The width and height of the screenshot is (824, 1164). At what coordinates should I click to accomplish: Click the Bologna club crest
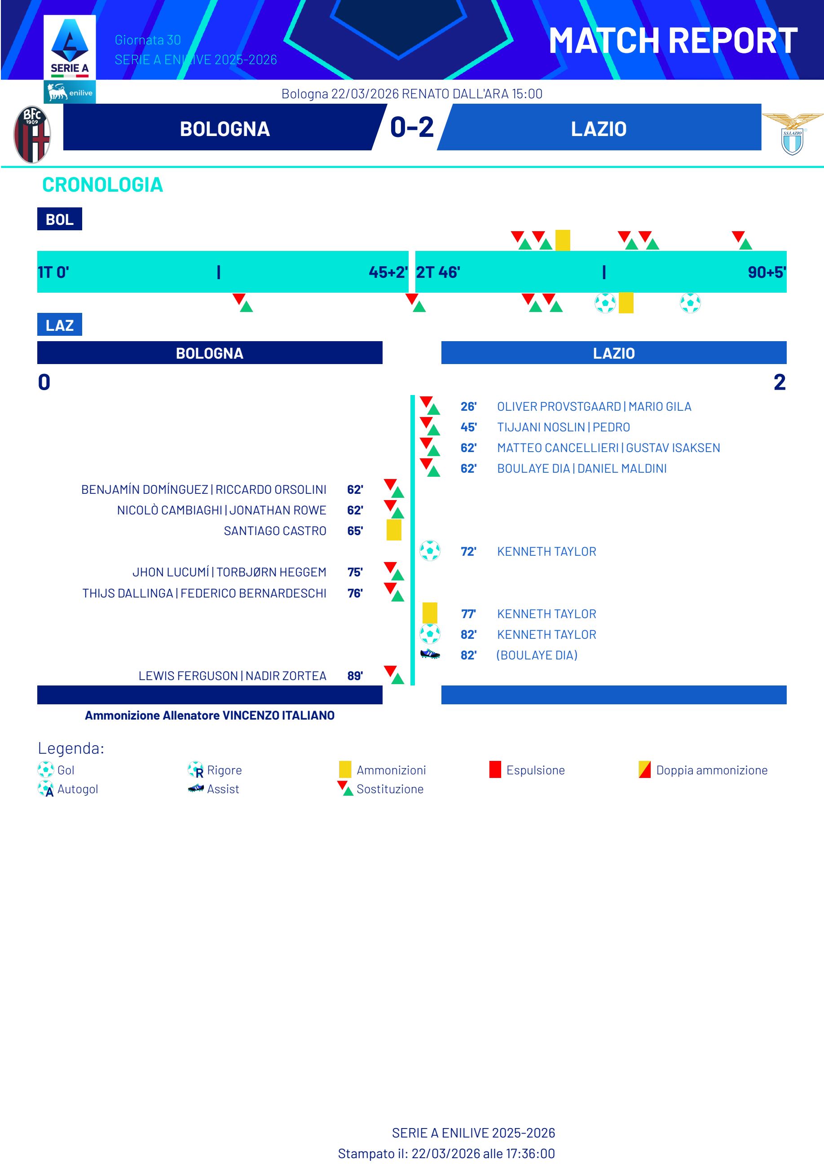[31, 134]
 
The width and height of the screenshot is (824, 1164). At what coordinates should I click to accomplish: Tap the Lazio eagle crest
[792, 134]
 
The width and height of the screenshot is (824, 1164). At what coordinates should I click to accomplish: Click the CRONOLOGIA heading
[102, 184]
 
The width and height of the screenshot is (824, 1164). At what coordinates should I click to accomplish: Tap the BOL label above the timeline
[59, 220]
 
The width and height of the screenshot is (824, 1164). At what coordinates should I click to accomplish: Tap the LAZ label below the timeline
[59, 325]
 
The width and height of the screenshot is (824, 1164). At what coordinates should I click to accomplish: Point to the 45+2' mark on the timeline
[388, 272]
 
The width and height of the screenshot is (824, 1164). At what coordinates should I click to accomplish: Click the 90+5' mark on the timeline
[766, 272]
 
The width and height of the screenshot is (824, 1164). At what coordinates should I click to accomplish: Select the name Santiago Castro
[275, 531]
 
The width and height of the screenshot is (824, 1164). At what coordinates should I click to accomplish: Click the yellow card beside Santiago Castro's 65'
[394, 530]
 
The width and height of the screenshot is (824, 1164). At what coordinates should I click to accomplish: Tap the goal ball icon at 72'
[430, 550]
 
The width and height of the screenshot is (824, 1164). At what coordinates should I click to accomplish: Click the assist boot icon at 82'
[430, 654]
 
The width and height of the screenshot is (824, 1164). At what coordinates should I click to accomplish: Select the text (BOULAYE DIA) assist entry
[537, 655]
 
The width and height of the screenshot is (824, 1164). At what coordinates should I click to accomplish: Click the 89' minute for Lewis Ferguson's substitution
[355, 676]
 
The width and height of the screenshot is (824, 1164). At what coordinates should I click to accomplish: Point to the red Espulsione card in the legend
[495, 769]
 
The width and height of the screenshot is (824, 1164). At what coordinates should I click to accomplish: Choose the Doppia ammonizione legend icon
[644, 769]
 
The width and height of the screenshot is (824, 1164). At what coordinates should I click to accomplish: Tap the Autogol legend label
[78, 789]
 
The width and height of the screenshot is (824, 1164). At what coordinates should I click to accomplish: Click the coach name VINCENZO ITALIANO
[278, 716]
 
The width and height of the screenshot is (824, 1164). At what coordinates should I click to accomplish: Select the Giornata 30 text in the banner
[148, 40]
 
